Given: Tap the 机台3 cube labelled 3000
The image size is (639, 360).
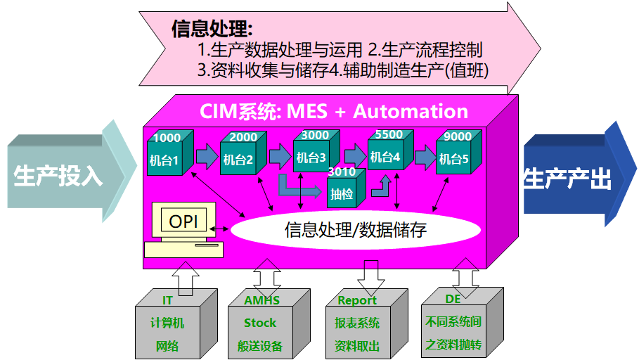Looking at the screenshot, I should tap(311, 155).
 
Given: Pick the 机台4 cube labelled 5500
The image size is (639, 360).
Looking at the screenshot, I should tap(386, 155).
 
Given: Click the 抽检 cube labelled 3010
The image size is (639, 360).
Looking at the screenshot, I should tap(343, 190).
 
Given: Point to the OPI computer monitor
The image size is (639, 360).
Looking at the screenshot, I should tap(183, 222).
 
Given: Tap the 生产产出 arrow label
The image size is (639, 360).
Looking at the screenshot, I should tap(567, 180).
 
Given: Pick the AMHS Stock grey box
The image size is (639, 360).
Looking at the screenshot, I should tap(261, 323).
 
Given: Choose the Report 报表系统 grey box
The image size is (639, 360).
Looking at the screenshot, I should tap(358, 323).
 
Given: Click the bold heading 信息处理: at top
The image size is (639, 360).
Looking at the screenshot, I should tap(212, 29).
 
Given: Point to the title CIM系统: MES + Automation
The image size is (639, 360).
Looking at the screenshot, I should tap(334, 111).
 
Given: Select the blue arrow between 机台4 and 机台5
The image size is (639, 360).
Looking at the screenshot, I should tap(425, 156).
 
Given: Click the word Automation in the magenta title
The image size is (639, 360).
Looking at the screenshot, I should tap(411, 111).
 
